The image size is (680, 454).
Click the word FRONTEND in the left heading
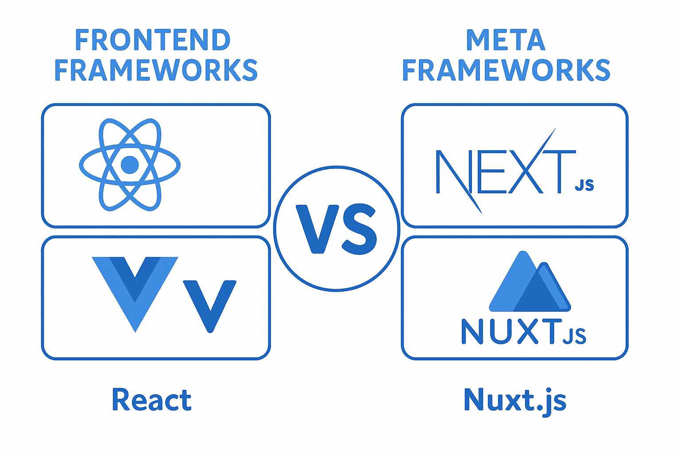(x=153, y=40)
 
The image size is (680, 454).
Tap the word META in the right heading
(x=506, y=40)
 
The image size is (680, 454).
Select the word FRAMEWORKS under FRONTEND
(x=156, y=70)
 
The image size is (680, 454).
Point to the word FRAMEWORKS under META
(x=506, y=70)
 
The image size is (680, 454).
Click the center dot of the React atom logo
(x=130, y=165)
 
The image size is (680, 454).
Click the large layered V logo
(x=135, y=294)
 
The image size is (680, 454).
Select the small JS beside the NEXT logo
(x=584, y=185)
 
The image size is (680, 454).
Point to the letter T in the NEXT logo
(x=559, y=172)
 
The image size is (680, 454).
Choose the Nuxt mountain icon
(x=530, y=281)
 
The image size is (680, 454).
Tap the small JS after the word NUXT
(x=574, y=337)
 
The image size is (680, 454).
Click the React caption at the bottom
(x=152, y=399)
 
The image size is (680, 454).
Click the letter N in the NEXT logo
(x=458, y=181)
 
